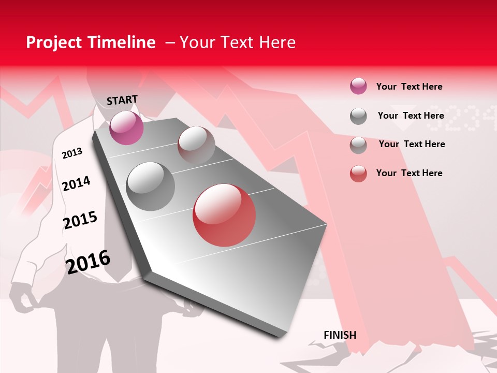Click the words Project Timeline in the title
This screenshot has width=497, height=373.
tap(91, 42)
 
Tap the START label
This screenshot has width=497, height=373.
tap(122, 100)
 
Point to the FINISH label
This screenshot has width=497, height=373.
tap(340, 335)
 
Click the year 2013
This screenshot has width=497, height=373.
tap(72, 153)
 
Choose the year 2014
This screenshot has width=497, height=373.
tap(76, 183)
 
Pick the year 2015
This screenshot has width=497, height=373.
tap(80, 220)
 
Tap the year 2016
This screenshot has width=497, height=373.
tap(88, 261)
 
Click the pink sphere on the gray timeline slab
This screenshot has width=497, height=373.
tap(126, 127)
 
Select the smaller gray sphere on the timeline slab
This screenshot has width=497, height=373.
tap(196, 145)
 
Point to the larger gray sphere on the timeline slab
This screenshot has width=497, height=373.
tap(150, 186)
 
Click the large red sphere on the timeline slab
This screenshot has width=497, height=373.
tap(224, 215)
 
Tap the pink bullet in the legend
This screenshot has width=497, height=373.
tap(358, 86)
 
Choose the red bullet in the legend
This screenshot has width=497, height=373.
tap(358, 174)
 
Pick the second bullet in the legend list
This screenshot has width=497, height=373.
tap(358, 116)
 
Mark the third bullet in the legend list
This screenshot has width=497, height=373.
tap(358, 145)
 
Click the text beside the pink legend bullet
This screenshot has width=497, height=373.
tap(409, 87)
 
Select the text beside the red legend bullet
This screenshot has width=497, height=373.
tap(409, 173)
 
